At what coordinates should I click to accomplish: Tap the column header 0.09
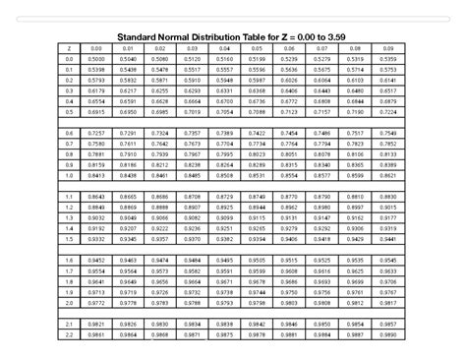tap(387, 48)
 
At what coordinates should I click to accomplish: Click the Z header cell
tap(70, 48)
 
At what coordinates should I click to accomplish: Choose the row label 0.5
tap(70, 111)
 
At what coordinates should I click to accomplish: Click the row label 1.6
tap(70, 259)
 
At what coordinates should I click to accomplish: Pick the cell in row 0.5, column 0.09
tap(387, 111)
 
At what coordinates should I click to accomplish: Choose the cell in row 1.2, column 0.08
tap(355, 207)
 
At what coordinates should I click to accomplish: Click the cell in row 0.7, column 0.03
tap(194, 143)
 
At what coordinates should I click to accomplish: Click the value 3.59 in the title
tap(337, 38)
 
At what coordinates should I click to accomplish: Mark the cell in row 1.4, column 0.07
tap(322, 227)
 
